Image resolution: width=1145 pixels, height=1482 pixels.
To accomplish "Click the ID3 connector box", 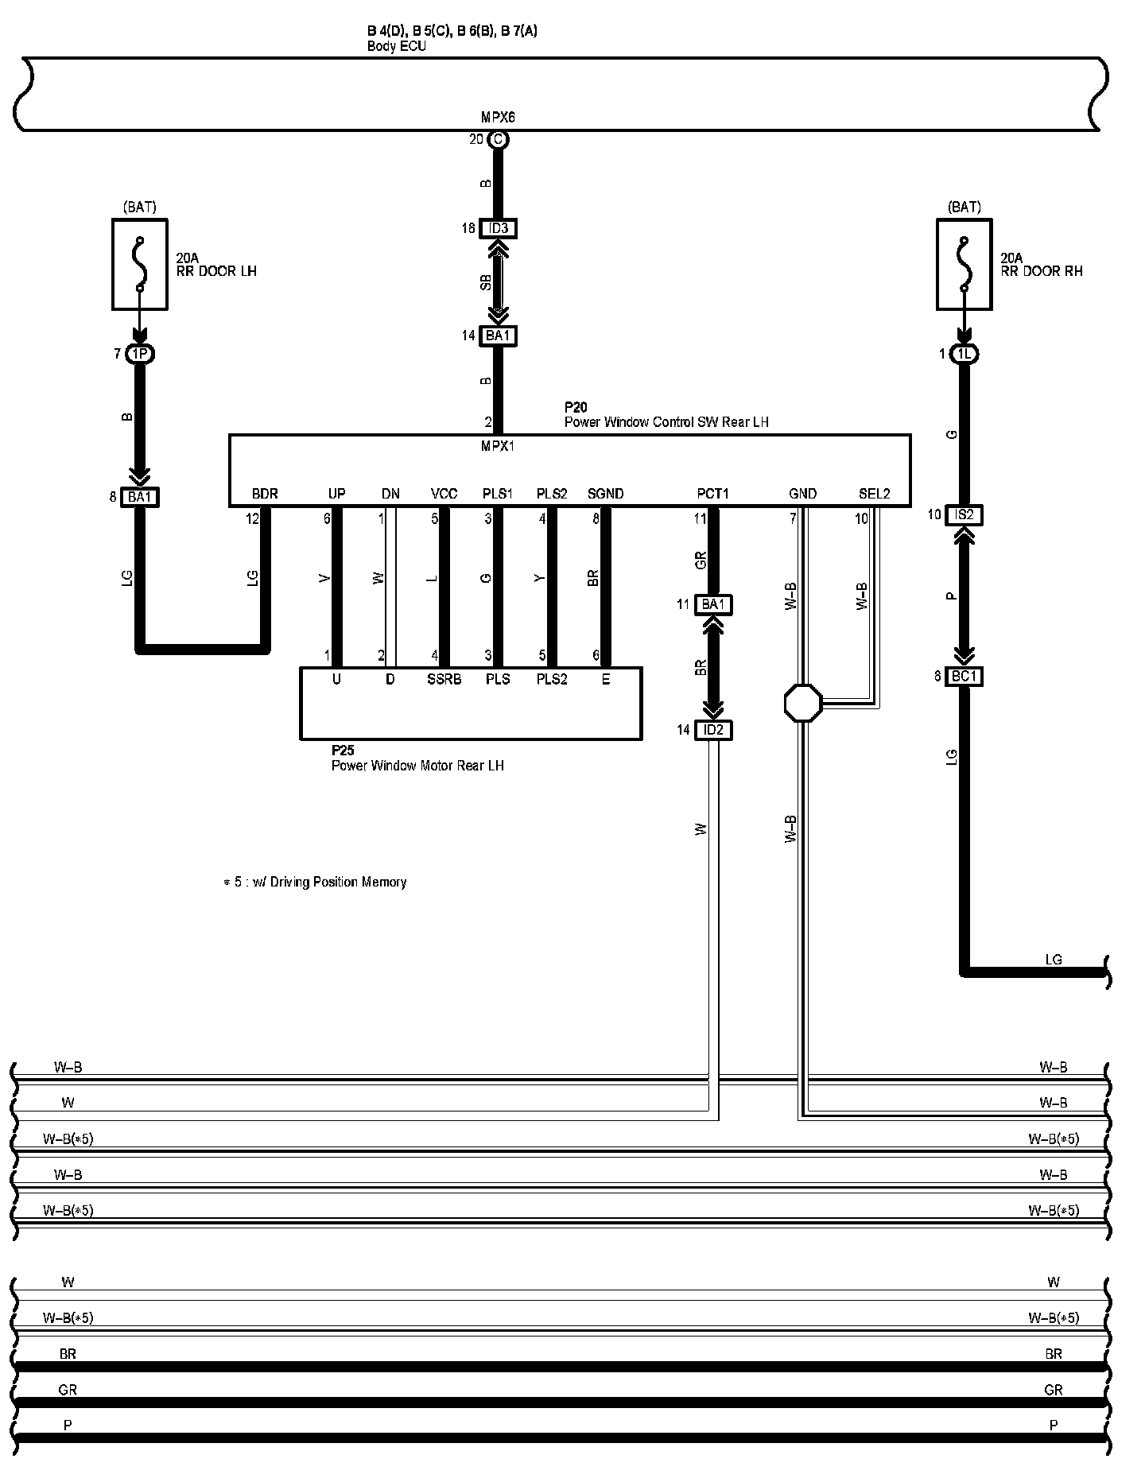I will [x=498, y=229].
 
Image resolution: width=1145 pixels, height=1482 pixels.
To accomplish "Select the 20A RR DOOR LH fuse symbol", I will [x=140, y=265].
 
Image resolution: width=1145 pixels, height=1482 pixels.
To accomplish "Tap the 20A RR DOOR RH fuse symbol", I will [x=965, y=265].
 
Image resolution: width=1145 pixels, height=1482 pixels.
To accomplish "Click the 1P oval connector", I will [x=139, y=354].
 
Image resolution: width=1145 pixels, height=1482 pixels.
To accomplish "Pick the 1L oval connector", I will [x=964, y=354].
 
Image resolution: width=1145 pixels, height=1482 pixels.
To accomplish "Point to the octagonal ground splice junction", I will [x=803, y=703].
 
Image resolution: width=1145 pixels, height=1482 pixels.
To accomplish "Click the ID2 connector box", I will [x=713, y=730].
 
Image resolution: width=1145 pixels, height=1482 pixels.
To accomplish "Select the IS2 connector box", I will [x=964, y=515].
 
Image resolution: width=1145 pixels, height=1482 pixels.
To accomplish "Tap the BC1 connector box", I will [x=964, y=677].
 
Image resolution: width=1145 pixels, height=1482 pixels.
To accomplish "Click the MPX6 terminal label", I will [x=498, y=117].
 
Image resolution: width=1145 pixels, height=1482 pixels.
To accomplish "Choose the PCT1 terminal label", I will [x=712, y=494].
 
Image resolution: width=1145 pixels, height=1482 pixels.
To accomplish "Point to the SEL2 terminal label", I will [x=874, y=494].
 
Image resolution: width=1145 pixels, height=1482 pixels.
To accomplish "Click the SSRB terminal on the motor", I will [x=444, y=680].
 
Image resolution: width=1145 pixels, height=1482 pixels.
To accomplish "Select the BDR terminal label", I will [x=265, y=494].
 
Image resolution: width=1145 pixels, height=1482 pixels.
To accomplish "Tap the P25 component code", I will [x=343, y=751].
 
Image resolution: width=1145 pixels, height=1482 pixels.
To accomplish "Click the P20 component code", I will [x=576, y=408].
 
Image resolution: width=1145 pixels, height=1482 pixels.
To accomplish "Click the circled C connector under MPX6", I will [x=498, y=140].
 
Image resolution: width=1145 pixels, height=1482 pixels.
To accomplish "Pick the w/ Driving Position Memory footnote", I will [x=316, y=882].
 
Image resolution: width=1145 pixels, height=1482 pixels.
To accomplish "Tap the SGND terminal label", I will [x=605, y=494].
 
